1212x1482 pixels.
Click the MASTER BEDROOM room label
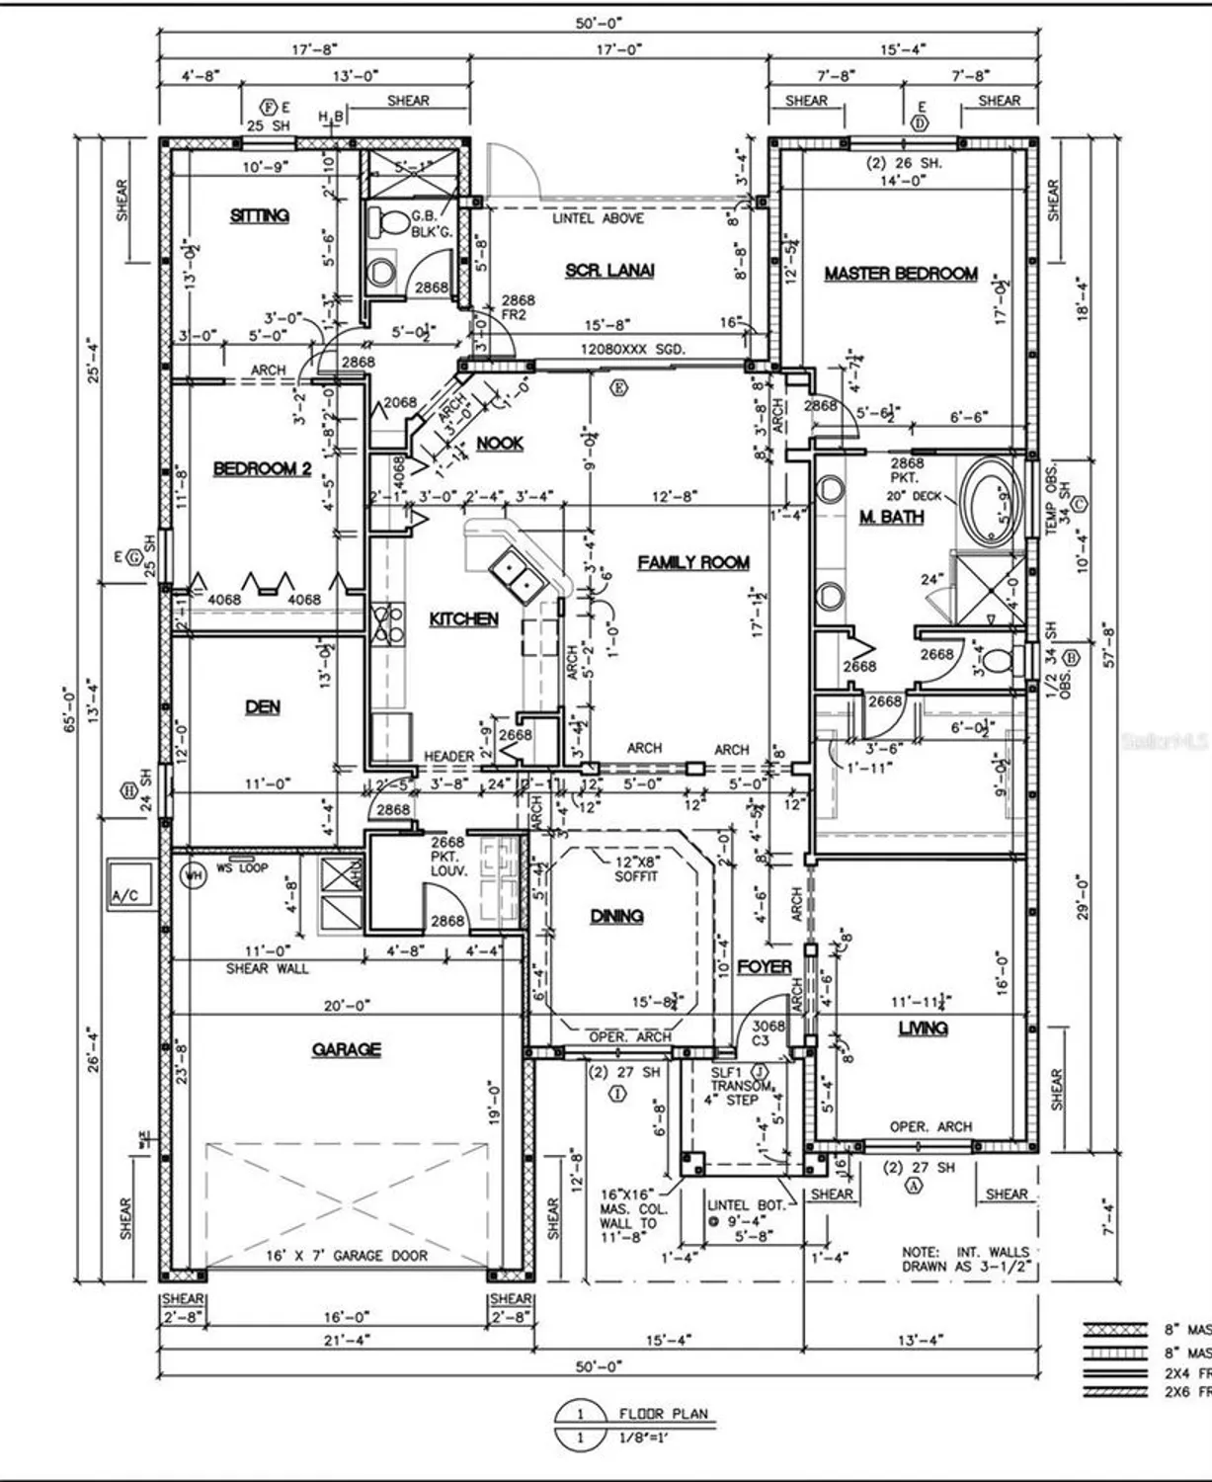pyautogui.click(x=901, y=274)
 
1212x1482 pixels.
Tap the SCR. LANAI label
pyautogui.click(x=609, y=271)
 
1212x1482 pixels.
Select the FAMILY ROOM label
pyautogui.click(x=693, y=563)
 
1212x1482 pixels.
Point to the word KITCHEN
pyautogui.click(x=463, y=619)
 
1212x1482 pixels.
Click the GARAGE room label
pyautogui.click(x=346, y=1049)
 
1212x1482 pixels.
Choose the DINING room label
pyautogui.click(x=616, y=917)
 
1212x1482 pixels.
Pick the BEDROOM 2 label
pyautogui.click(x=262, y=468)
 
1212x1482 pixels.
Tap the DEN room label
pyautogui.click(x=263, y=706)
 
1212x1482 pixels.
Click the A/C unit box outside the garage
pyautogui.click(x=130, y=882)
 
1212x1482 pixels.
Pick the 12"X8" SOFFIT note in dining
pyautogui.click(x=635, y=868)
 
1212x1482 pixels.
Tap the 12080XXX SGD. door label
pyautogui.click(x=632, y=350)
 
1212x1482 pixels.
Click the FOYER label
pyautogui.click(x=764, y=966)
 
